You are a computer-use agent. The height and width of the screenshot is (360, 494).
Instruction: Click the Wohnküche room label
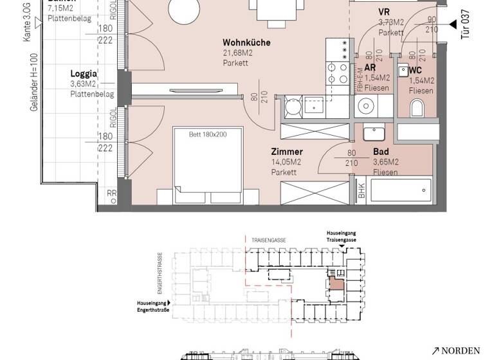pos(246,43)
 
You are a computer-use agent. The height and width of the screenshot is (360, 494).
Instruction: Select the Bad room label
pos(380,152)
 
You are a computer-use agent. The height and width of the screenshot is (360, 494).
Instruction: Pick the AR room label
pos(370,67)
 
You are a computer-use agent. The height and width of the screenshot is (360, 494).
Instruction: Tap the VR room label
pos(384,12)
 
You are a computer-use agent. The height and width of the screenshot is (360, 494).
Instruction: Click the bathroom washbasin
pos(373,134)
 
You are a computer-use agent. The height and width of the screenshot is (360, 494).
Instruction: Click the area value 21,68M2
pos(237,53)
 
